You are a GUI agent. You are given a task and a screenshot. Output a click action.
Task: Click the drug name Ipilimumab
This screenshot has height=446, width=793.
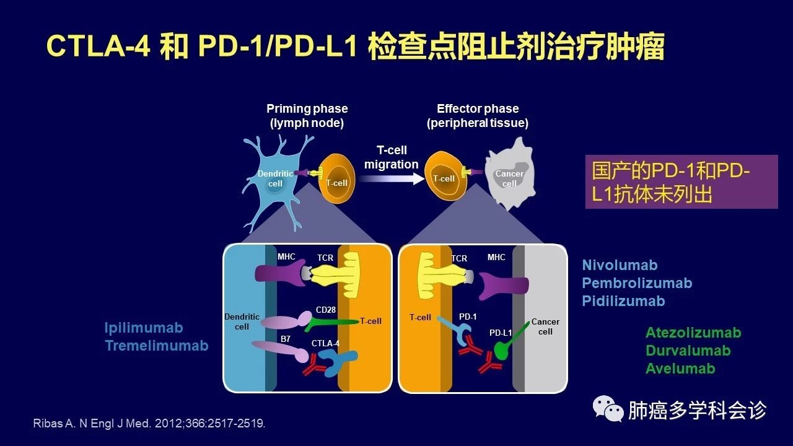click(x=144, y=328)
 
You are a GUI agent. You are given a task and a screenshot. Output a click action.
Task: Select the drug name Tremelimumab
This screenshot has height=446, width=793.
click(x=156, y=346)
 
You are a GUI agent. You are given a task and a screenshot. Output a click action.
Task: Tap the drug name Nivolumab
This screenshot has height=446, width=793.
click(x=620, y=265)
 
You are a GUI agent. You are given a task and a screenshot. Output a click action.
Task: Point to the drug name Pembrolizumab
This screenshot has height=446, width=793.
click(x=637, y=283)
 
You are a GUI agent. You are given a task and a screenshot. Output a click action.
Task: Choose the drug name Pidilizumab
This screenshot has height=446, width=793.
click(x=623, y=301)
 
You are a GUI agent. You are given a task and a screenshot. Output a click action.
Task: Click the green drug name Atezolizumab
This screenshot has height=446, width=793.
click(x=693, y=333)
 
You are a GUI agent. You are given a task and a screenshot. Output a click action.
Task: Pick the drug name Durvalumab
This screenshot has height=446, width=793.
click(x=688, y=351)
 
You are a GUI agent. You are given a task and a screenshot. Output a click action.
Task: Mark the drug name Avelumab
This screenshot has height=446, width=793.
click(x=680, y=369)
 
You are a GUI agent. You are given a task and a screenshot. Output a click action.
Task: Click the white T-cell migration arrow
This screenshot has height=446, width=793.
click(x=390, y=178)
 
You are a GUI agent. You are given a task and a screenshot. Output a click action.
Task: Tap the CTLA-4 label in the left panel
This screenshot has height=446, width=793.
click(x=325, y=343)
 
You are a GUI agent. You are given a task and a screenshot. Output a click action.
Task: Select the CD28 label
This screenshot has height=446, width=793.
click(x=325, y=309)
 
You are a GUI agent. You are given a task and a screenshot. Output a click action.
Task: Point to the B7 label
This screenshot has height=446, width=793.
click(x=286, y=339)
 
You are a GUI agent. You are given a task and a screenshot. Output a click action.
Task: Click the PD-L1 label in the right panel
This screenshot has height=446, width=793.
click(x=501, y=333)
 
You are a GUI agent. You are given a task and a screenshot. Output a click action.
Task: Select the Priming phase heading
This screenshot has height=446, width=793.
click(x=307, y=116)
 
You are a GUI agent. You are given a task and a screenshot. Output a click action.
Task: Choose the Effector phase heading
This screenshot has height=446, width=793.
click(x=478, y=116)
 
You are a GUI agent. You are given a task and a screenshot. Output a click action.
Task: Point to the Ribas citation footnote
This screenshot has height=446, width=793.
click(x=149, y=424)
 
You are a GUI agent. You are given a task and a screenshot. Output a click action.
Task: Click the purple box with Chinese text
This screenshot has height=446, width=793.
click(x=681, y=181)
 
